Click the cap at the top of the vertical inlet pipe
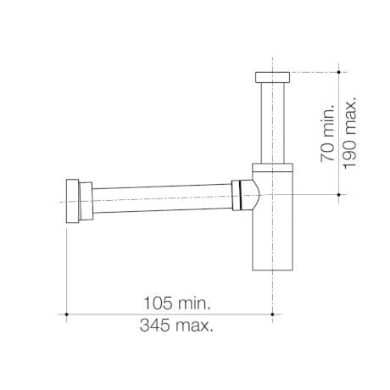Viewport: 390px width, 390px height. click(272, 77)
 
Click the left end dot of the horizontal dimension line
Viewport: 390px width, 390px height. click(66, 314)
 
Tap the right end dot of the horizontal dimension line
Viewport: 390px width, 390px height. click(272, 314)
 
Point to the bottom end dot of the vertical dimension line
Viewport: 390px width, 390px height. click(341, 194)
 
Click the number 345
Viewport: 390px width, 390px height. click(159, 326)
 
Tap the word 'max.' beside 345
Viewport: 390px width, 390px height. click(196, 326)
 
